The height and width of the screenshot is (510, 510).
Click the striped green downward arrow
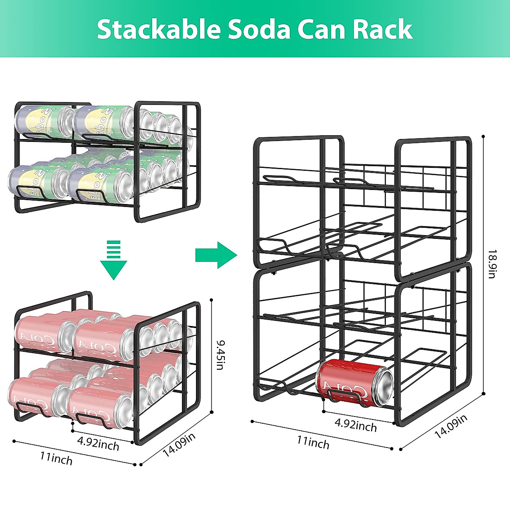(x=113, y=260)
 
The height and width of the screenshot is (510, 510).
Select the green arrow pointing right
(x=216, y=255)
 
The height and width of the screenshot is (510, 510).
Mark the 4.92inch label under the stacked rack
(x=356, y=425)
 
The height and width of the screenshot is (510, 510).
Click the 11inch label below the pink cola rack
(x=57, y=458)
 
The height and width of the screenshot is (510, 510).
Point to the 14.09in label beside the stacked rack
(x=450, y=426)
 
